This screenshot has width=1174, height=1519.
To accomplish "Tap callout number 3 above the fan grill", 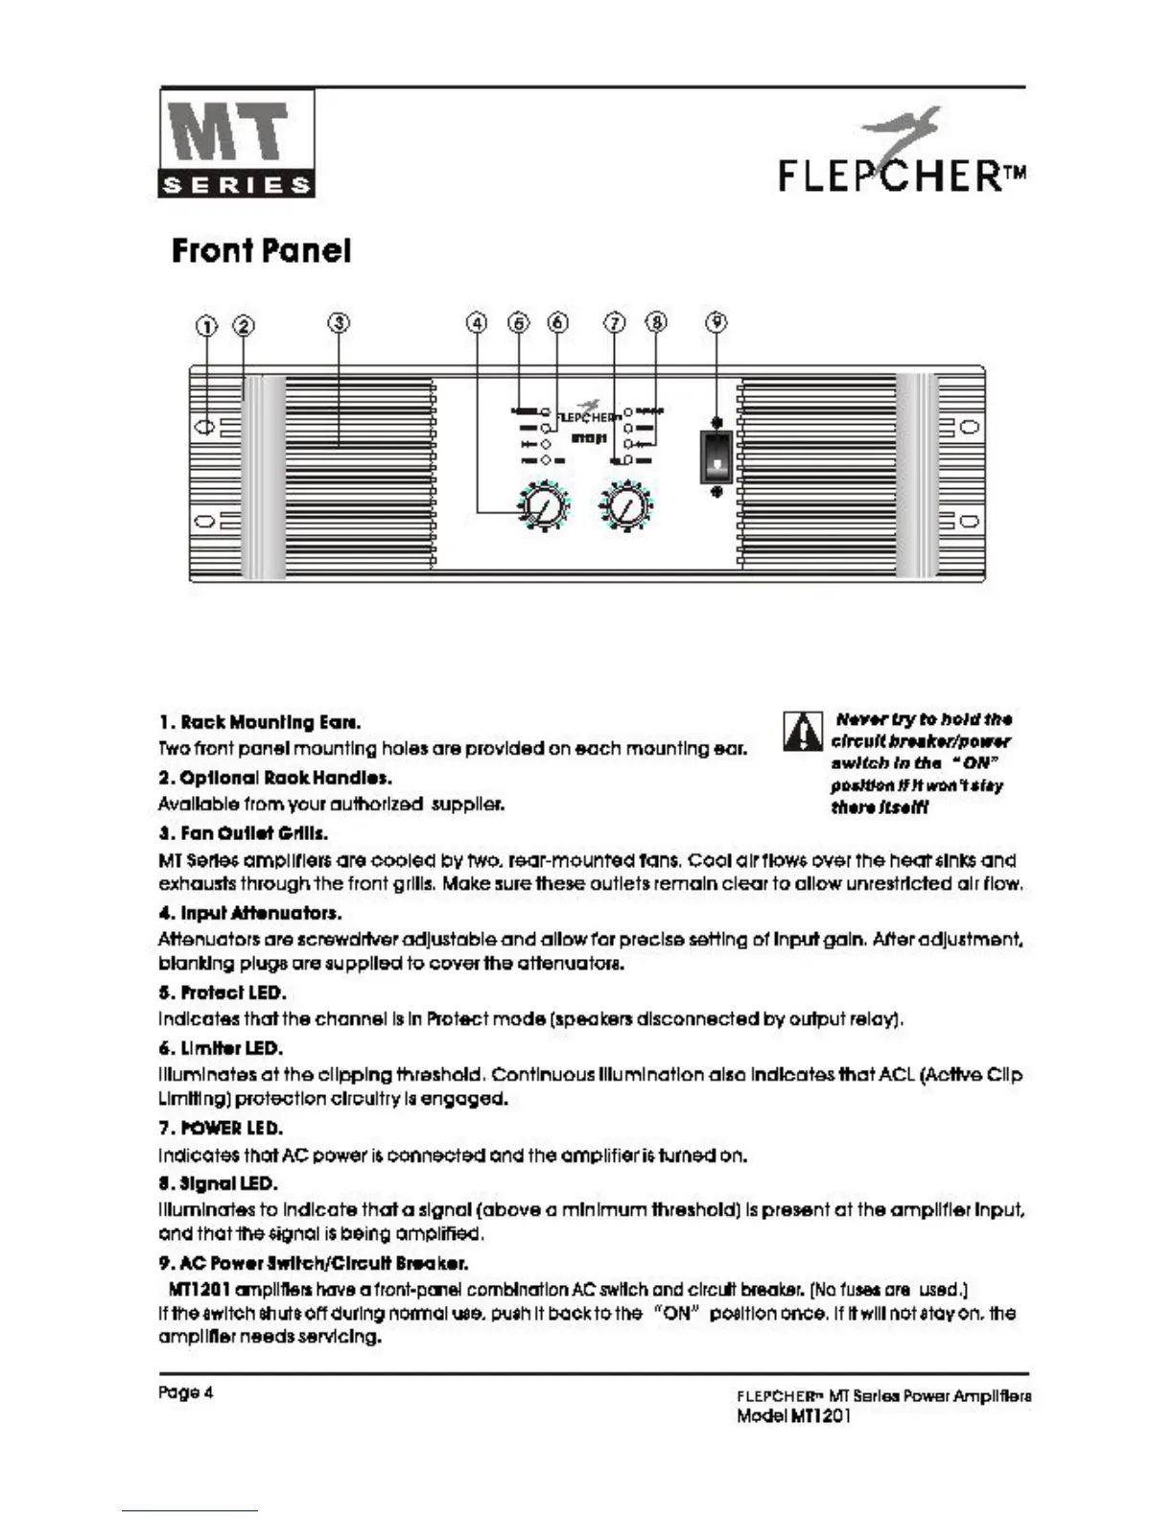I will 338,322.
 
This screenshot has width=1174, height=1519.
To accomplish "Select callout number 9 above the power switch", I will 716,322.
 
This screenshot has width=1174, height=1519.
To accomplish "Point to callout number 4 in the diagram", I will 477,322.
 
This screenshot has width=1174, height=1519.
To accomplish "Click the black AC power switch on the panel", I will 716,456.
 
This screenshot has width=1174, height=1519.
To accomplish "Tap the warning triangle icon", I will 803,733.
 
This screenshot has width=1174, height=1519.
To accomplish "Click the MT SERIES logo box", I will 236,143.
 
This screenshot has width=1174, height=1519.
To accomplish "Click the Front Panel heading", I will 261,251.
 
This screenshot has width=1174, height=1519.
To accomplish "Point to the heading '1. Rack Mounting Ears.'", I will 259,722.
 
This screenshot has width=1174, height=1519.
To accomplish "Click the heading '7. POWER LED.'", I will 221,1128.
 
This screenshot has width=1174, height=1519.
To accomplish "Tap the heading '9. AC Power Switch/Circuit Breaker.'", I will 313,1263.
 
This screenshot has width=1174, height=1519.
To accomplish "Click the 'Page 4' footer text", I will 185,1392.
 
